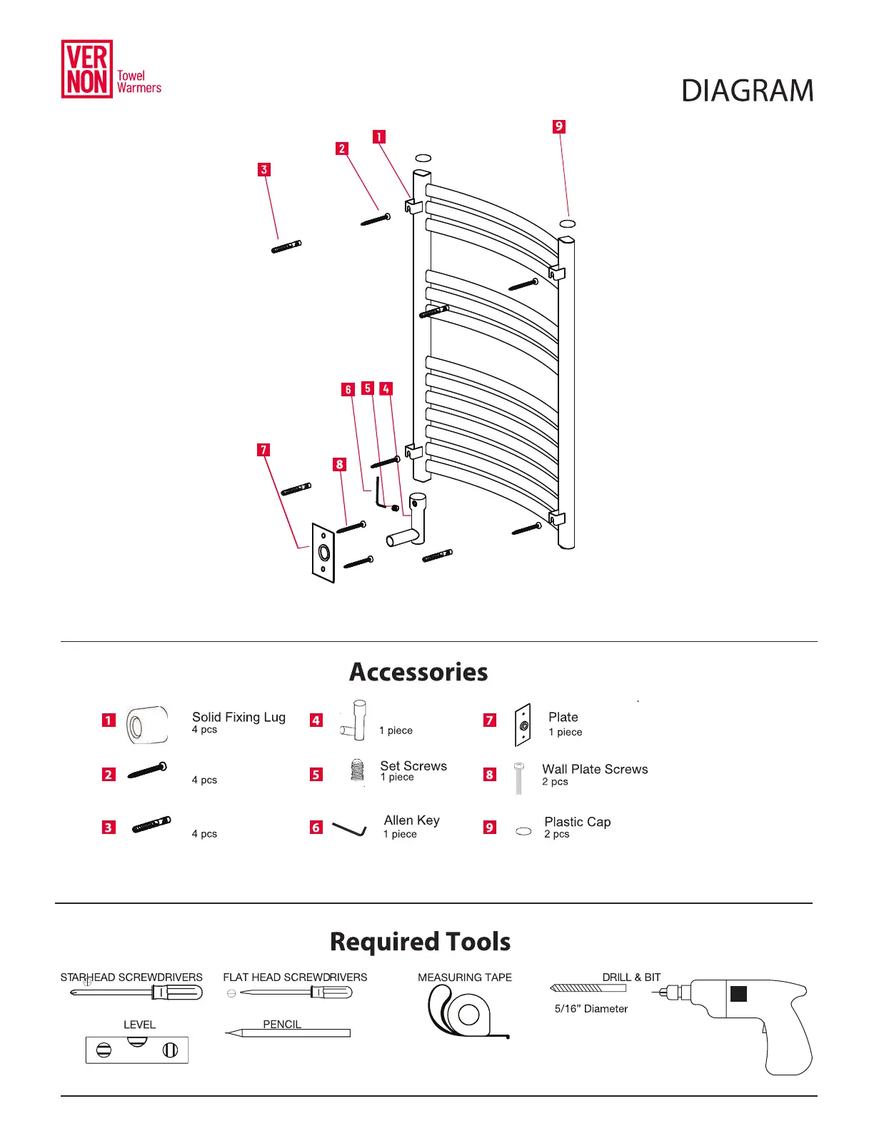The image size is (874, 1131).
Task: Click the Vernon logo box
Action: [87, 69]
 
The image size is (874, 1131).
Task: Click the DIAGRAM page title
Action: [747, 91]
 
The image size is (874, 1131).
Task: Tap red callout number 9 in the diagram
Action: [559, 126]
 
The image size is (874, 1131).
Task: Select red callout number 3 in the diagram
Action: [264, 170]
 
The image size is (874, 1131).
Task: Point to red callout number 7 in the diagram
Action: [264, 450]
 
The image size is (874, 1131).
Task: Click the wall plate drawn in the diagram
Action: [323, 553]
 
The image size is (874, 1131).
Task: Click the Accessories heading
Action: [418, 672]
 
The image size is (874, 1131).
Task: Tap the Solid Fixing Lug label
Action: [238, 717]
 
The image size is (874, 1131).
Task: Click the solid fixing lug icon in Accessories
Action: [148, 725]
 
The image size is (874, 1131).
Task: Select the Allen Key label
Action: [412, 820]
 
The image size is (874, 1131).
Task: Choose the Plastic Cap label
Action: [578, 822]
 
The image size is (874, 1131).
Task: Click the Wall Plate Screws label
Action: [595, 769]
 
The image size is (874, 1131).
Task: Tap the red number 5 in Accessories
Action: [316, 775]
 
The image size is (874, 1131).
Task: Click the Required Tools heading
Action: [420, 942]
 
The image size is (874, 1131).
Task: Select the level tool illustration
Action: [137, 1050]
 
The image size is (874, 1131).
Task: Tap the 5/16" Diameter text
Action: [591, 1009]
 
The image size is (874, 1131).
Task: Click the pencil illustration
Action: [288, 1033]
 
